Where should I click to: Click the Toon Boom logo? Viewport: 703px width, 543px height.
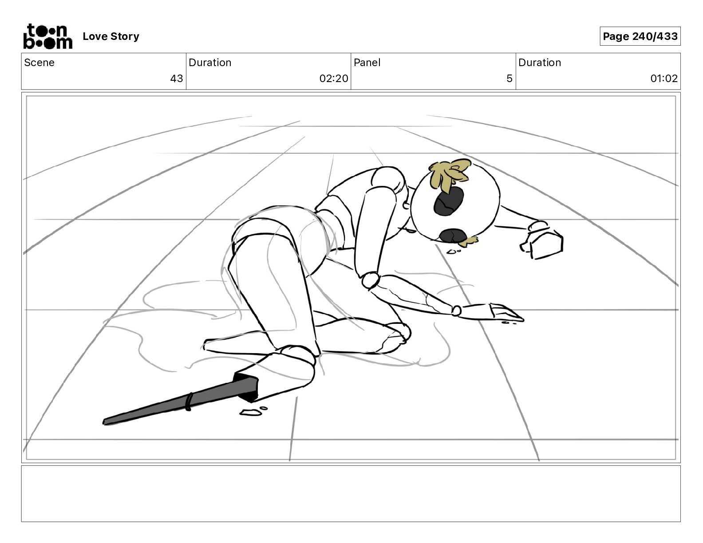point(48,36)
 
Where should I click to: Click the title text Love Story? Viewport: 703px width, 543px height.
point(111,36)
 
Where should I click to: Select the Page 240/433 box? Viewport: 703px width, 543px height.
point(640,36)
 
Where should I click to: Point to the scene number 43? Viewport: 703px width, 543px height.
point(177,79)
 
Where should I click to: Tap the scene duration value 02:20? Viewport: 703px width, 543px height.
point(334,79)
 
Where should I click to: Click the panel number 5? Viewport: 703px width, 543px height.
point(509,79)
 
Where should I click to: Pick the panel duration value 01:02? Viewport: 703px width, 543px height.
point(664,79)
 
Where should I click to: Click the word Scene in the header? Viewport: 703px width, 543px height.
point(39,63)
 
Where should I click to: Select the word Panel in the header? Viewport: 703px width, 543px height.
point(367,63)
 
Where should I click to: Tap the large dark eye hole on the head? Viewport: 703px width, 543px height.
point(448,201)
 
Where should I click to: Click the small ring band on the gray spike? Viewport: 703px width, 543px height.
point(189,401)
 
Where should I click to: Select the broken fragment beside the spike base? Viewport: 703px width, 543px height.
point(251,412)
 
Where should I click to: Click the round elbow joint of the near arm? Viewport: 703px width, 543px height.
point(371,280)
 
